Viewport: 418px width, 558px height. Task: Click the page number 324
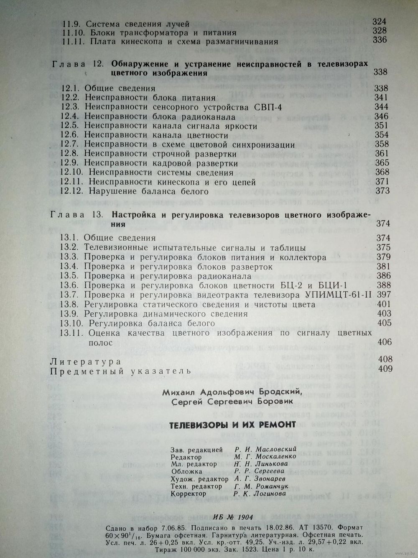pyautogui.click(x=380, y=22)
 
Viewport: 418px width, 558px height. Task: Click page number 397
pyautogui.click(x=384, y=295)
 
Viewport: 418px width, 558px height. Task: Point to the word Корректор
pyautogui.click(x=189, y=494)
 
